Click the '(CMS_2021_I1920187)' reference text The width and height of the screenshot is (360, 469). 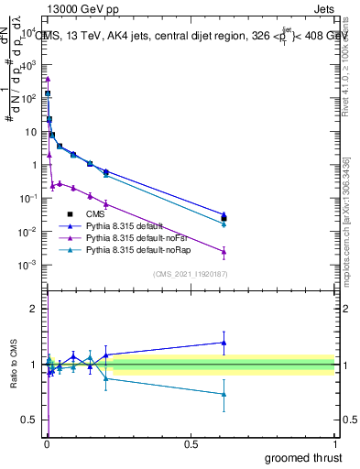click(x=191, y=273)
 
